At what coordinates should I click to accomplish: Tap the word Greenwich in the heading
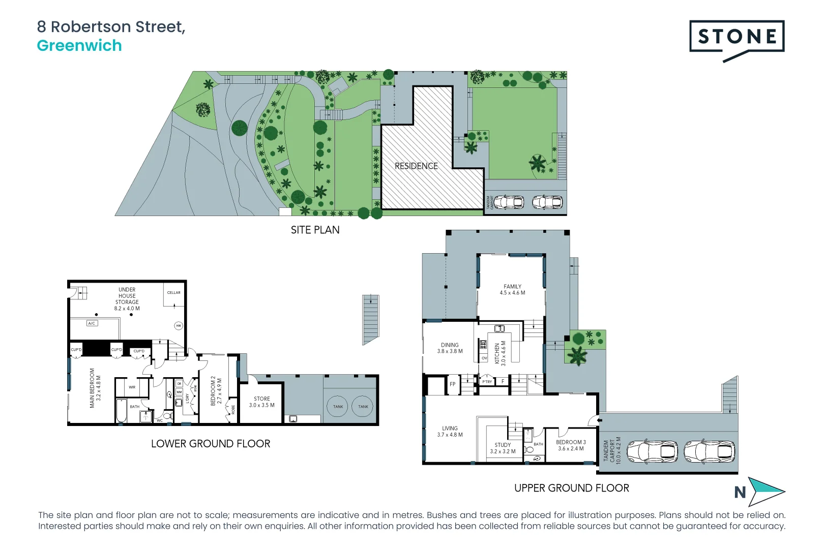(79, 46)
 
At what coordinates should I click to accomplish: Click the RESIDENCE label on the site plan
(416, 166)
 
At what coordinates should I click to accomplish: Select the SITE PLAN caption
(315, 230)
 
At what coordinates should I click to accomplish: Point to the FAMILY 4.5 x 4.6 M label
(512, 290)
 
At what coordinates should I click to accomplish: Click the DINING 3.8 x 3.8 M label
(450, 348)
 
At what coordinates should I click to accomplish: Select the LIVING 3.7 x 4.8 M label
(450, 432)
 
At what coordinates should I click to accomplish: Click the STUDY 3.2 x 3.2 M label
(503, 448)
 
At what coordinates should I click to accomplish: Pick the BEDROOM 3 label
(571, 445)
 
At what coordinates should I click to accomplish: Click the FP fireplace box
(453, 384)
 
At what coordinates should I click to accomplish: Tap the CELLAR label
(174, 293)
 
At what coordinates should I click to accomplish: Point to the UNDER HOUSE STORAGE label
(127, 299)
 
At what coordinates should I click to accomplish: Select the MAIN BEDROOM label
(95, 388)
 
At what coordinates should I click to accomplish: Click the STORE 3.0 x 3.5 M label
(261, 402)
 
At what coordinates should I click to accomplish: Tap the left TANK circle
(338, 407)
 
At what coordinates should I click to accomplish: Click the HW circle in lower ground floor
(179, 326)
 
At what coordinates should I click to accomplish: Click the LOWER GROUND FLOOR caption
(211, 444)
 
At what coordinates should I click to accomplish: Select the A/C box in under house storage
(92, 323)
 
